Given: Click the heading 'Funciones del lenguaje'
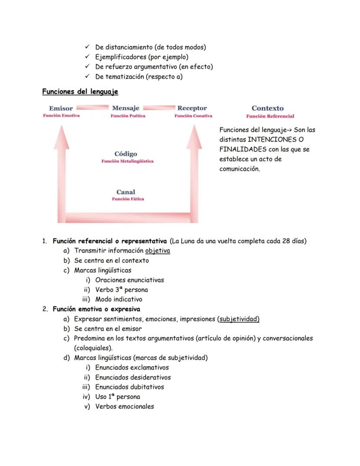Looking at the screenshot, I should (x=80, y=92).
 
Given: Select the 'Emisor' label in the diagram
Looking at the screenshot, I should (x=61, y=108).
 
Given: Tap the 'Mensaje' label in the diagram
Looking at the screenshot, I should (x=126, y=108).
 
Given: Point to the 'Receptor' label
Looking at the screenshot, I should (x=192, y=108).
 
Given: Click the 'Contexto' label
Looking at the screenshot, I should (x=267, y=108).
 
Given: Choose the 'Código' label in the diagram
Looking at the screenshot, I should (x=126, y=154).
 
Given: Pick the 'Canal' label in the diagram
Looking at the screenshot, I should (x=126, y=192).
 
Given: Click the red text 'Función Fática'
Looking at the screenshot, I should (x=128, y=199).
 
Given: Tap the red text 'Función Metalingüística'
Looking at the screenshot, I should (x=127, y=161).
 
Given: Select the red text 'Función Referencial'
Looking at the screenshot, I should (x=270, y=116).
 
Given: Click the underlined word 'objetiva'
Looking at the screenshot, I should (x=158, y=251).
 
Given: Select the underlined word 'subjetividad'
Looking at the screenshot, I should (x=238, y=319).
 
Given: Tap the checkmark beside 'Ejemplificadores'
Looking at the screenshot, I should (x=87, y=57).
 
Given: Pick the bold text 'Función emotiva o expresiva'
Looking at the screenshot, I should (x=97, y=309).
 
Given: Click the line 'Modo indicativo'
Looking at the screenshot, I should (x=119, y=299).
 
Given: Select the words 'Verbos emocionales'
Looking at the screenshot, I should (x=124, y=406).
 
